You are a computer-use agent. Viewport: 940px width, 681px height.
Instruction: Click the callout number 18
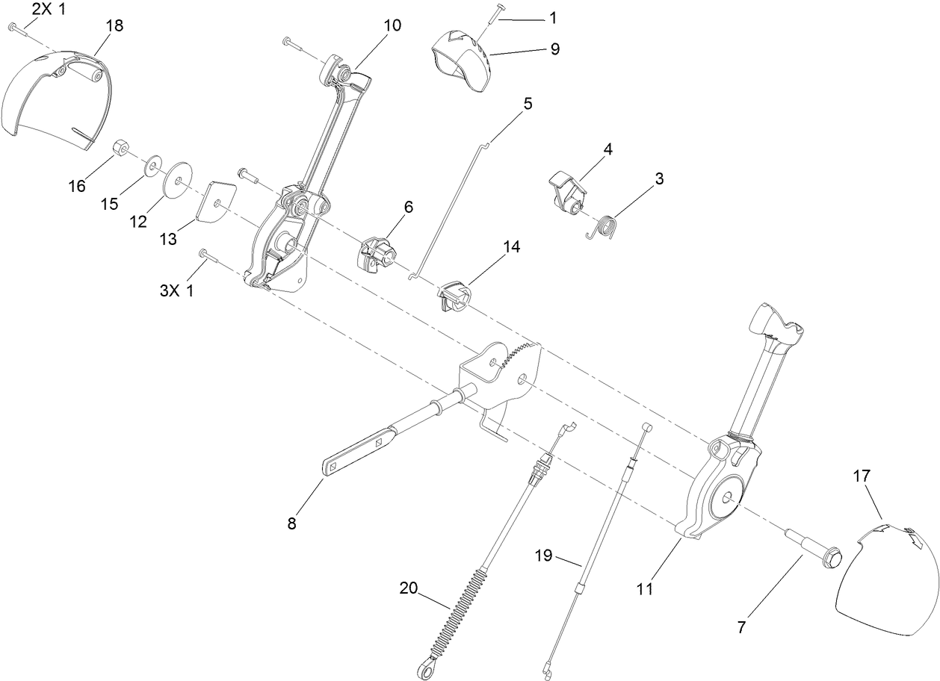click(x=114, y=25)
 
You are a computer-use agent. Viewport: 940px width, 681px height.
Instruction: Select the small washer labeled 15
click(x=155, y=162)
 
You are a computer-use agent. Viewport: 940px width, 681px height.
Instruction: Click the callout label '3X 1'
click(x=177, y=290)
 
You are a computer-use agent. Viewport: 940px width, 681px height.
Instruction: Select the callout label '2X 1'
click(x=49, y=10)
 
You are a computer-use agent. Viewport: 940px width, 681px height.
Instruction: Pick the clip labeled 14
click(x=455, y=293)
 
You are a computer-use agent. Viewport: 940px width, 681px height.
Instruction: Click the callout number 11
click(x=645, y=589)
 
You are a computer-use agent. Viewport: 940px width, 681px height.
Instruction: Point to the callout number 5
click(x=528, y=104)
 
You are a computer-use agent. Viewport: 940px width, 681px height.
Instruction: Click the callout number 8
click(x=291, y=523)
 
